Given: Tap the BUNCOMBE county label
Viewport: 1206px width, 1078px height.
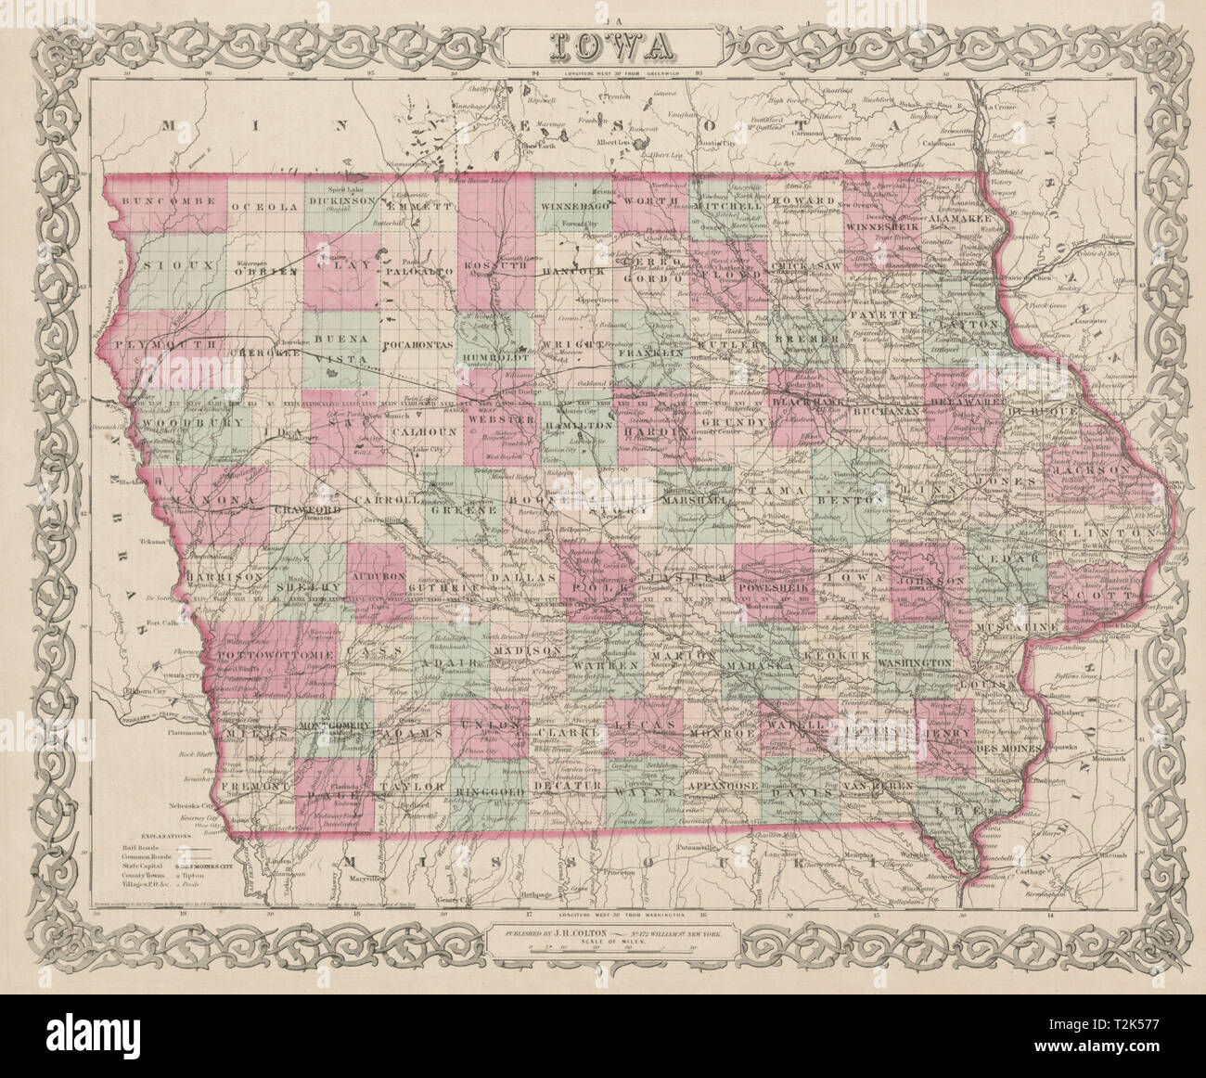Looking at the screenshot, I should point(148,201).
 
